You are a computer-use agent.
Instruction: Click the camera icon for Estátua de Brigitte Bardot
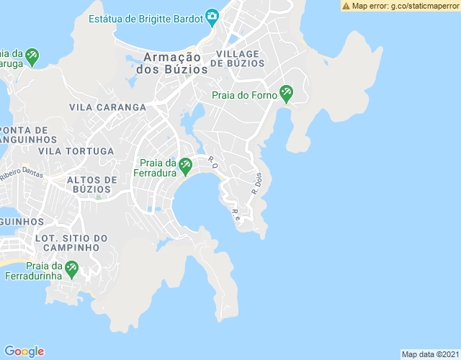(212, 16)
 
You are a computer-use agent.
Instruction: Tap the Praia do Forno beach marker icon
(286, 93)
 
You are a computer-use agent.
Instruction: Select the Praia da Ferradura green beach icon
(185, 166)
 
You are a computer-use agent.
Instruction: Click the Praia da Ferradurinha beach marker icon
(71, 269)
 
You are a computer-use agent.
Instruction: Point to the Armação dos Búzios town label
(175, 63)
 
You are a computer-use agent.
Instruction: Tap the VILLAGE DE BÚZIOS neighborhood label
(240, 58)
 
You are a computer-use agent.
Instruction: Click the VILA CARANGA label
(107, 107)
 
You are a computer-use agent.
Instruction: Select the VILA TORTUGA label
(76, 151)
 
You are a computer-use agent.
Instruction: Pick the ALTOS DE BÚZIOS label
(91, 184)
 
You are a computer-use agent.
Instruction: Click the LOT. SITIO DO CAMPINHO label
(71, 243)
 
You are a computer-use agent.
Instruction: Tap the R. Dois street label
(256, 184)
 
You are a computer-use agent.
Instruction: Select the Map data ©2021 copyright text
(429, 354)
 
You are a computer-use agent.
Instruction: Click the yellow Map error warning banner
(400, 6)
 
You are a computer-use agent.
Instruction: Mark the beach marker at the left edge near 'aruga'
(32, 55)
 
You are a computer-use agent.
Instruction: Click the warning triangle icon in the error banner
(346, 6)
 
